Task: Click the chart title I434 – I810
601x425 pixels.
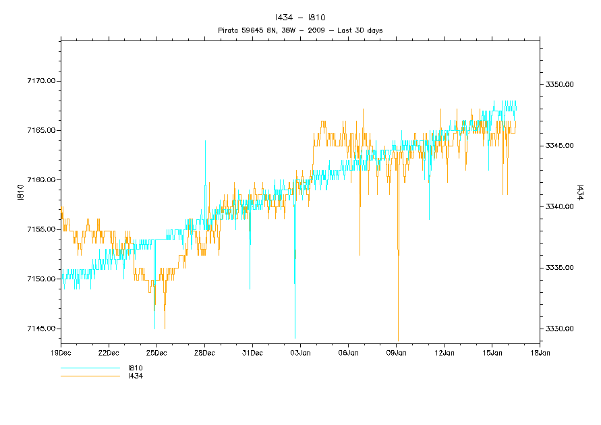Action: tap(301, 18)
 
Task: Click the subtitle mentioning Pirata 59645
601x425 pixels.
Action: tap(301, 30)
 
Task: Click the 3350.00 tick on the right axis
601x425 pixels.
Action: tap(559, 85)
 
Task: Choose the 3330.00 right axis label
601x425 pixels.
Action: tap(559, 329)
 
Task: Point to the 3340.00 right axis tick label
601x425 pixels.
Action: tap(559, 207)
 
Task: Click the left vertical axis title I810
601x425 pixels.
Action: tap(20, 196)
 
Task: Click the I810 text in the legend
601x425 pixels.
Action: tap(136, 368)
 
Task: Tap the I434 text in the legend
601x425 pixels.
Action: tap(136, 376)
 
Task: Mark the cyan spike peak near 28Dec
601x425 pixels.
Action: tap(205, 141)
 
